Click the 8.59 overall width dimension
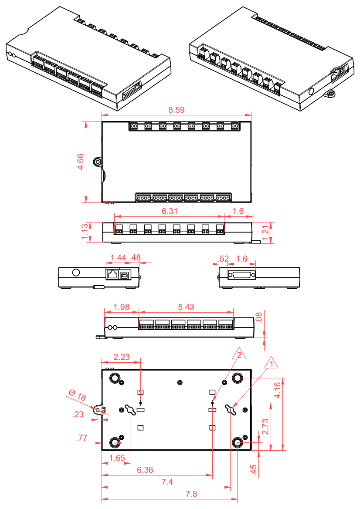pyautogui.click(x=176, y=110)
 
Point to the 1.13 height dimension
pyautogui.click(x=85, y=232)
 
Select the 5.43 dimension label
pyautogui.click(x=186, y=307)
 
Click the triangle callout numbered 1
pyautogui.click(x=272, y=363)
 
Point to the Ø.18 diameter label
pyautogui.click(x=77, y=395)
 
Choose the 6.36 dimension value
pyautogui.click(x=146, y=470)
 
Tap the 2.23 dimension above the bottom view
pyautogui.click(x=121, y=357)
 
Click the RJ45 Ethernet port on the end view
pyautogui.click(x=113, y=275)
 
